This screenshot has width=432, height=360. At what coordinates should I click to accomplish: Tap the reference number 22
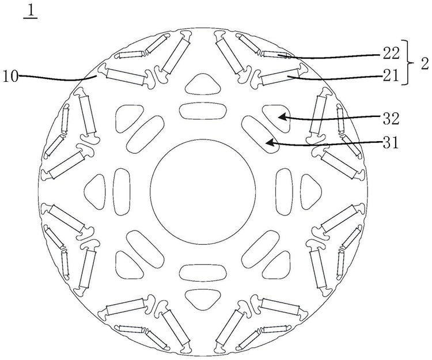click(x=391, y=54)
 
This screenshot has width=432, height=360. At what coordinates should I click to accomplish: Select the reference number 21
click(x=391, y=75)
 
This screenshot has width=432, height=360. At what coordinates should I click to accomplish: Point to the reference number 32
click(x=391, y=119)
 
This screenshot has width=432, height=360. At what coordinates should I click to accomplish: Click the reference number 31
click(x=391, y=143)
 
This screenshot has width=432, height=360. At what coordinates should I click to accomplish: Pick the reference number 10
click(x=10, y=76)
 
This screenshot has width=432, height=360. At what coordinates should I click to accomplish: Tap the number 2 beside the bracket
click(x=425, y=63)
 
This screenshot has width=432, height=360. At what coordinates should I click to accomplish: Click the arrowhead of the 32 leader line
click(x=282, y=117)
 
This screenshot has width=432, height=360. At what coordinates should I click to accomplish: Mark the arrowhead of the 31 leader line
click(x=270, y=143)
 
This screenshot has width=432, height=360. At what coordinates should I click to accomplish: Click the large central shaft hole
click(x=203, y=192)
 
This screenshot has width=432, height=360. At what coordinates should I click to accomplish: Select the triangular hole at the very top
click(x=203, y=84)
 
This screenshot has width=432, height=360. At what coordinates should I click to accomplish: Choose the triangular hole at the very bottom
click(x=203, y=299)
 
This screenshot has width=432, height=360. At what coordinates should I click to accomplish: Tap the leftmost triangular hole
click(x=94, y=192)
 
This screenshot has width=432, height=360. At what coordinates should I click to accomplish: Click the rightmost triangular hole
click(x=311, y=192)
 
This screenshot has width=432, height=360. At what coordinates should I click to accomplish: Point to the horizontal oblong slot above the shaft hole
click(x=203, y=111)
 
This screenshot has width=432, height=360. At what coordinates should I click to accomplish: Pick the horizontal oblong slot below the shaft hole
click(x=203, y=272)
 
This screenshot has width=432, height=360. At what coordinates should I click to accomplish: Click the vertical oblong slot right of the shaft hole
click(x=284, y=192)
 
